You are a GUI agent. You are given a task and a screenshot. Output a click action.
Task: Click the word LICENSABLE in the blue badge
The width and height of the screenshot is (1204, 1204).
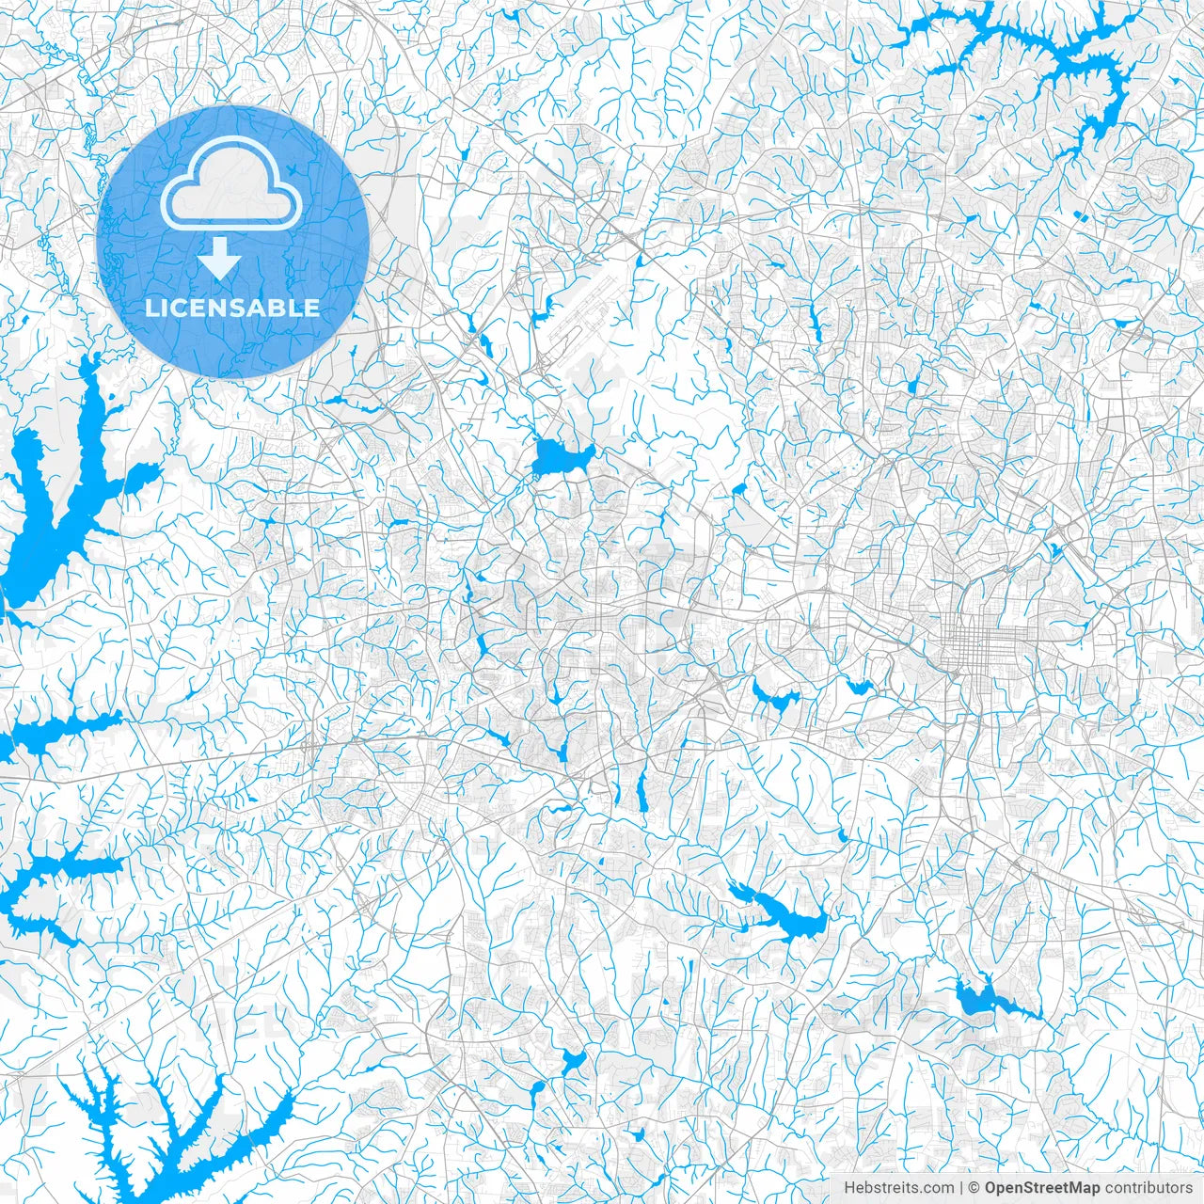coord(232,308)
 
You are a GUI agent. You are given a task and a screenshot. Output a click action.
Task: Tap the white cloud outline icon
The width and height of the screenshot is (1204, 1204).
coord(231,184)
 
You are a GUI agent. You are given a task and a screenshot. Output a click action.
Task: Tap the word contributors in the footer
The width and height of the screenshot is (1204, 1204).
coord(1148,1188)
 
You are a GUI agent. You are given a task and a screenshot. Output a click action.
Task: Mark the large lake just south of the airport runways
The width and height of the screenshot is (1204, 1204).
coord(557,459)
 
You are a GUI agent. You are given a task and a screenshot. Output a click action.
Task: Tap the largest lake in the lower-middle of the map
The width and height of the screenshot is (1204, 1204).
coord(781,912)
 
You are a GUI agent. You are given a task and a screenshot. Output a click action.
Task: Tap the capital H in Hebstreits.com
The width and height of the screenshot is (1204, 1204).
coord(849,1188)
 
